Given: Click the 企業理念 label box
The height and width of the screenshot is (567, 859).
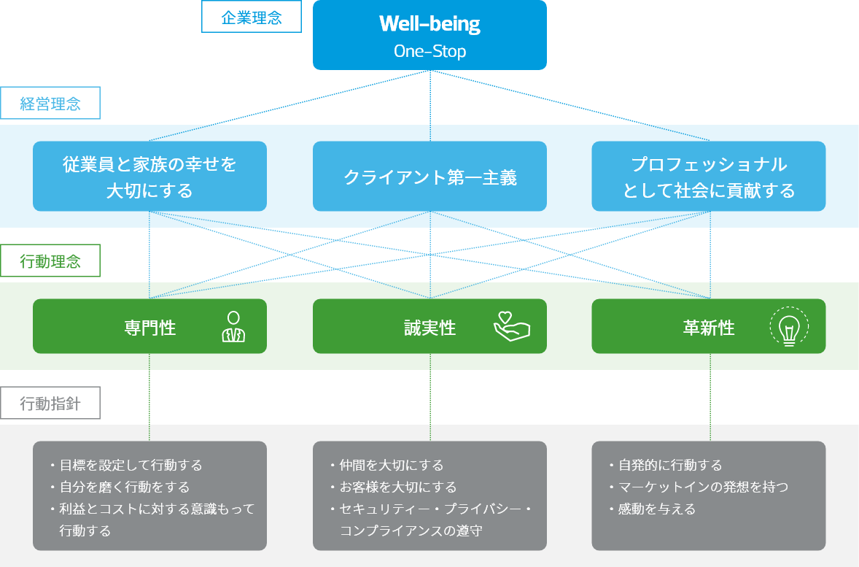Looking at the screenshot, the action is click(252, 17).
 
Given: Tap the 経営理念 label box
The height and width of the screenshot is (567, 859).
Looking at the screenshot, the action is click(50, 103).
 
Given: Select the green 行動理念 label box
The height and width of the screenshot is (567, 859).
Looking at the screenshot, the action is click(50, 261).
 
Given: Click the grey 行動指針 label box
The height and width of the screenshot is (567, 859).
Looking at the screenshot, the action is click(50, 403).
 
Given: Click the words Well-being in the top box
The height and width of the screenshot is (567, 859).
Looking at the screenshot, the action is click(430, 23).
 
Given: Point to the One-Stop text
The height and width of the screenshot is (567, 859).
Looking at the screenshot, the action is click(430, 51).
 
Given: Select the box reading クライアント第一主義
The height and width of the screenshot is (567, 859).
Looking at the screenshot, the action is click(430, 177).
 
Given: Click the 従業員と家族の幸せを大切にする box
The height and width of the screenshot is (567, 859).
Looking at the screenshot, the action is click(149, 177).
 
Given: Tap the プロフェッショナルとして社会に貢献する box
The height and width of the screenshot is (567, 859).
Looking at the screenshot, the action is click(708, 177).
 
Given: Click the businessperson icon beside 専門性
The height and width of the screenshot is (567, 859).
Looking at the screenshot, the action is click(233, 327).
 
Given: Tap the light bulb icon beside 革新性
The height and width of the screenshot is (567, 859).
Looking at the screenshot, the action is click(789, 327).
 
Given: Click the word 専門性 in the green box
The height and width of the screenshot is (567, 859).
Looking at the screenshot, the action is click(150, 328).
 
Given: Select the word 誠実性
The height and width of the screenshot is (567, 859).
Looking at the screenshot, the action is click(430, 328).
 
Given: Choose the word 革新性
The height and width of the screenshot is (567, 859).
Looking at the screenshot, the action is click(709, 328).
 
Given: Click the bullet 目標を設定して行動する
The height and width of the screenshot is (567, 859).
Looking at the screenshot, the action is click(127, 465).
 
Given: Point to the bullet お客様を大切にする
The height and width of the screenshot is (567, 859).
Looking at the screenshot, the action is click(393, 487).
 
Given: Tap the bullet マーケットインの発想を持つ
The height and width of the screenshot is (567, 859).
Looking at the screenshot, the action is click(699, 487).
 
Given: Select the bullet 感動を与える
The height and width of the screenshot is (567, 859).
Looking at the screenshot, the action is click(652, 509).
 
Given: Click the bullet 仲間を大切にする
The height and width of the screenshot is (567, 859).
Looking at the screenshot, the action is click(386, 465).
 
